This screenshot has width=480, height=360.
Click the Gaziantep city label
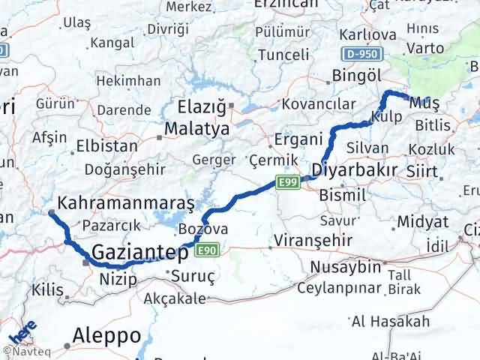pyautogui.click(x=139, y=253)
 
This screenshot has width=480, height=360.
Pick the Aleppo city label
pyautogui.click(x=108, y=335)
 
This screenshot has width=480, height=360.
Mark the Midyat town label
pyautogui.click(x=424, y=222)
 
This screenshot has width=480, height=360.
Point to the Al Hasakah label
pyautogui.click(x=390, y=322)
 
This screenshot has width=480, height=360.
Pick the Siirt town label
pyautogui.click(x=422, y=172)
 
